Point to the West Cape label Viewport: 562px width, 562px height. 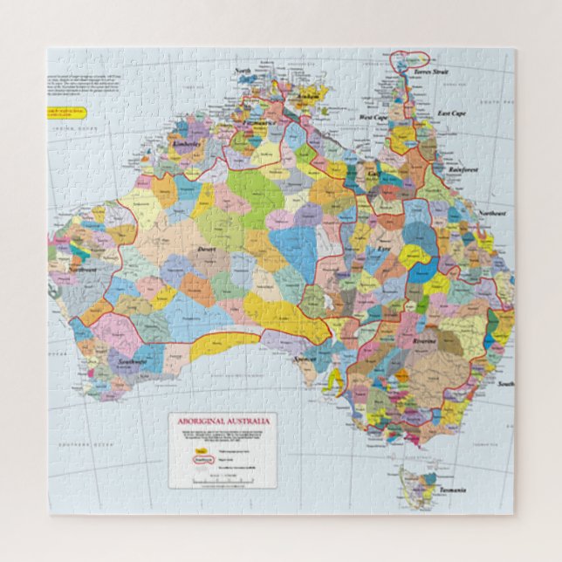pos(373,116)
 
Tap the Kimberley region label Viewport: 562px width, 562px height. pos(186,144)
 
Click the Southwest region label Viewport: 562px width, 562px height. pos(133,361)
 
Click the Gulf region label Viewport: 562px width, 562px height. pos(373,175)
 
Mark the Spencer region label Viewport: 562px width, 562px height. pos(305,359)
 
